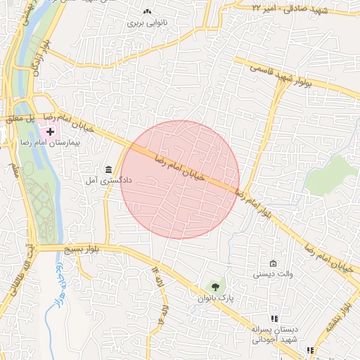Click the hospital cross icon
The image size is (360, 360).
50,131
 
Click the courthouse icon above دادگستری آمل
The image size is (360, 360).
108,169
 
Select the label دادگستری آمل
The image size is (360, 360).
104,181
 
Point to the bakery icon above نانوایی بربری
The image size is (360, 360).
147,11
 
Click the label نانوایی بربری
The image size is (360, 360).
146,22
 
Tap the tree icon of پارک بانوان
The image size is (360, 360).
216,286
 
